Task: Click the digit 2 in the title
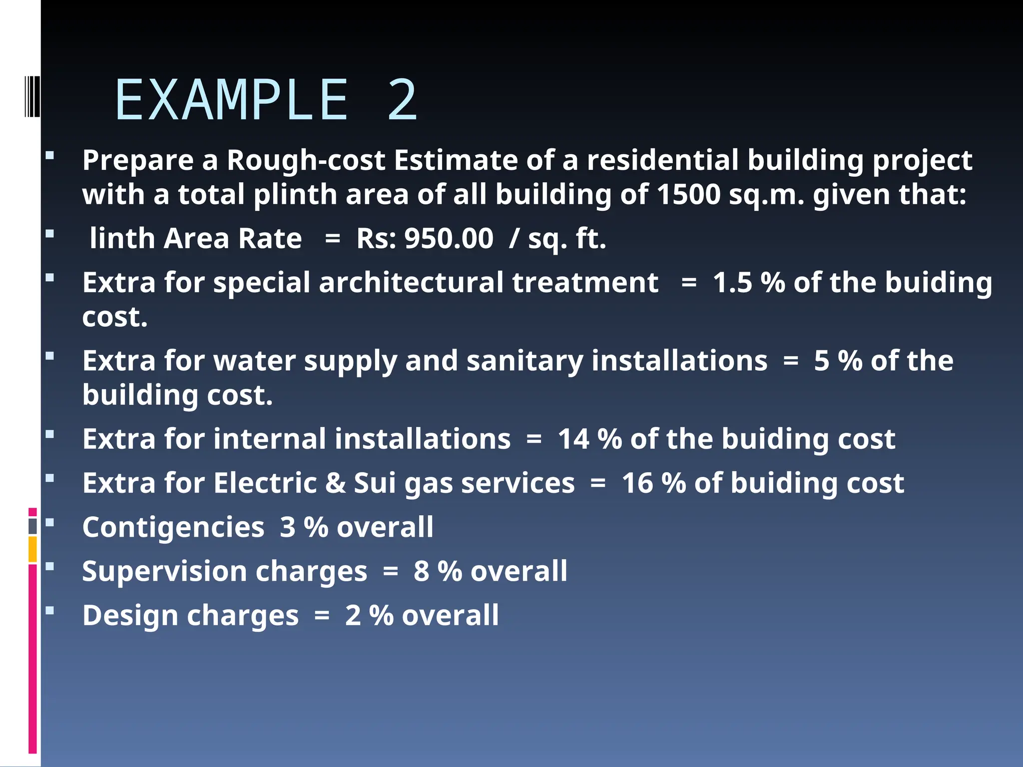[402, 100]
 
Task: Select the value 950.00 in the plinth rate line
[449, 238]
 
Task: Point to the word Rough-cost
[306, 160]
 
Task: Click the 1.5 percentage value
[732, 283]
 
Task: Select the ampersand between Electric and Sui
[335, 483]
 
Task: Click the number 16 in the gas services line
[638, 483]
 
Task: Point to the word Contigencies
[173, 527]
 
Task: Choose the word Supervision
[164, 571]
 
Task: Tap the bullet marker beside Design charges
[49, 610]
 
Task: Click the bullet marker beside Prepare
[49, 155]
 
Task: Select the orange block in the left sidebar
[32, 549]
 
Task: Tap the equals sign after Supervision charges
[390, 571]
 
